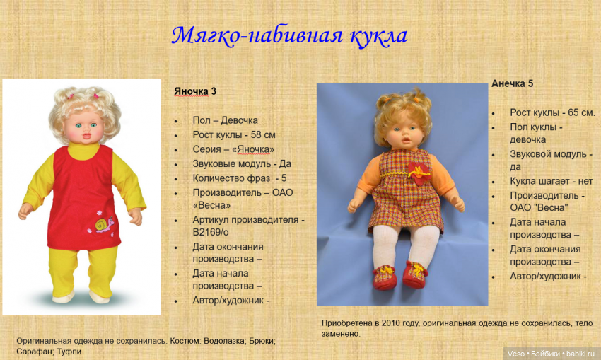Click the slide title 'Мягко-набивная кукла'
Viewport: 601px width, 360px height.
[289, 35]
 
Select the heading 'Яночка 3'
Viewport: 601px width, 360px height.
[195, 91]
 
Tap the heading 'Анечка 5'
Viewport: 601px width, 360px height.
[512, 83]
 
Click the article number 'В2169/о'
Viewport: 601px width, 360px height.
[212, 232]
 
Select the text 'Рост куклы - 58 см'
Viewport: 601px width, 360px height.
[233, 134]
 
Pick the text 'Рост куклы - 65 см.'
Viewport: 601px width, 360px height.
[552, 112]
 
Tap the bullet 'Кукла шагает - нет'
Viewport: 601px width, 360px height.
[551, 181]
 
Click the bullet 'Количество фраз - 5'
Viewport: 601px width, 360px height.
[239, 178]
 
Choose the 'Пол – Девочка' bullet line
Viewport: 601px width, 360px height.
[225, 120]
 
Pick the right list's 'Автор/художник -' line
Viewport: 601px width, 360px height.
[548, 276]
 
